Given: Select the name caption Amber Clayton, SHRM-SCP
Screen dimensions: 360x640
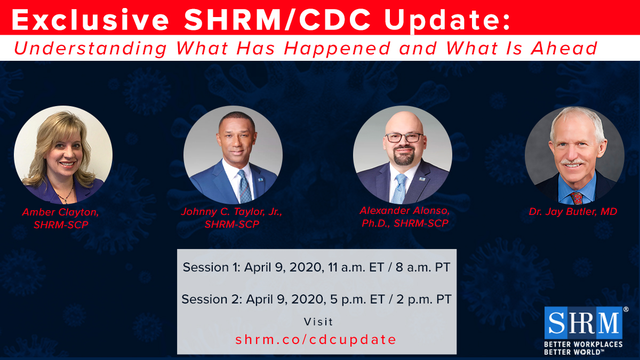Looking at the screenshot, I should [61, 218].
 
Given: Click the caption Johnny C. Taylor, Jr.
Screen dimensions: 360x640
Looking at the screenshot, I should [231, 212].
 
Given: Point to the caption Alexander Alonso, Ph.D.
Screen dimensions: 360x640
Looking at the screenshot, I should [402, 211].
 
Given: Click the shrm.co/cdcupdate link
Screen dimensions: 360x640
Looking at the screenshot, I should [316, 339].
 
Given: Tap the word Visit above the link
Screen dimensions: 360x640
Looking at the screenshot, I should [318, 322].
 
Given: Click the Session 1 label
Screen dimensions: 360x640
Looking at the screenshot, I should [211, 267].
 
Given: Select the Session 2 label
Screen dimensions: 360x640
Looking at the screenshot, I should [211, 299].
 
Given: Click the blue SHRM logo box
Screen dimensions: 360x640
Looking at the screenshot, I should [583, 323].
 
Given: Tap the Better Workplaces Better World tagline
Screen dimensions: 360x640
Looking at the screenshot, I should [583, 348].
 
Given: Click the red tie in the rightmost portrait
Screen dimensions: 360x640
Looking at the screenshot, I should [577, 197].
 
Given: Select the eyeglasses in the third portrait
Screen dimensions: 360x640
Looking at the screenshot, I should [404, 137].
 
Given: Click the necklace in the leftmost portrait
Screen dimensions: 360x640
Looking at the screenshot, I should [65, 196].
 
